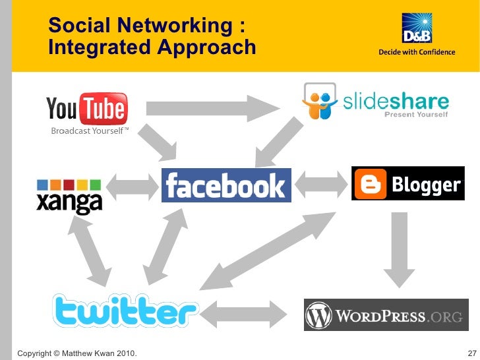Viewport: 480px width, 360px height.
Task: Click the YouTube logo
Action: click(x=86, y=109)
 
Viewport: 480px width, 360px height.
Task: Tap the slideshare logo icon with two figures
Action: click(x=320, y=101)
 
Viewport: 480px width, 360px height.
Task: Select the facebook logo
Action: click(x=226, y=185)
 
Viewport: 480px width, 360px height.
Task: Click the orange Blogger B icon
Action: click(x=369, y=183)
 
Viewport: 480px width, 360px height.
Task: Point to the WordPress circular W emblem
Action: click(x=319, y=315)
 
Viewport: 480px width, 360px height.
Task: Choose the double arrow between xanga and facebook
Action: click(x=133, y=186)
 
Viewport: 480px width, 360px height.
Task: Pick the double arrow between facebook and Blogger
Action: click(x=321, y=183)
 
